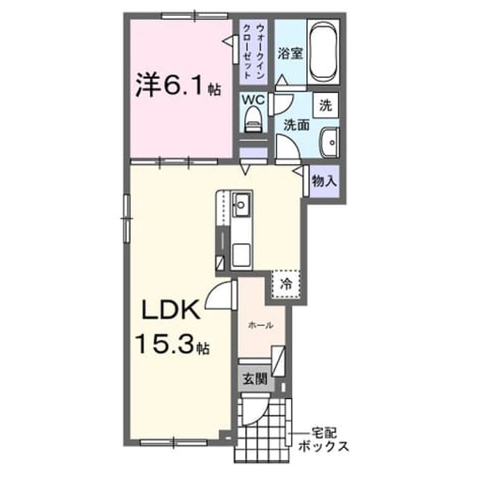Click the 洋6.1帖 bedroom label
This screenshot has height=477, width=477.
(x=178, y=84)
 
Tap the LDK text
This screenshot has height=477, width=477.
(x=171, y=310)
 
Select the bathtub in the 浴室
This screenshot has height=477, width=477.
(x=323, y=52)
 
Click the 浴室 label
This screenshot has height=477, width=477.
(x=290, y=54)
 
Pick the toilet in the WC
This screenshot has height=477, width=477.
(x=253, y=119)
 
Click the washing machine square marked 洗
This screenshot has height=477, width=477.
(x=326, y=105)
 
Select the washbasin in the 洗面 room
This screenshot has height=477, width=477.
(x=329, y=142)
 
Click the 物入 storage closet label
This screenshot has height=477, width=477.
(x=324, y=182)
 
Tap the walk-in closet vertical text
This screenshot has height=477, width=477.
(x=254, y=52)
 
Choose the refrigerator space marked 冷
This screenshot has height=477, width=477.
(x=286, y=284)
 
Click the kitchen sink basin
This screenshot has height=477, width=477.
(x=241, y=204)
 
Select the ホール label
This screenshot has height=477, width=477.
(x=261, y=326)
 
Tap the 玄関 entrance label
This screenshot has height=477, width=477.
(x=255, y=379)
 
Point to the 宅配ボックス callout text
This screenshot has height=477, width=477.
(x=323, y=440)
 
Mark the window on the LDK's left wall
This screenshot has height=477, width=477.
(x=127, y=218)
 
